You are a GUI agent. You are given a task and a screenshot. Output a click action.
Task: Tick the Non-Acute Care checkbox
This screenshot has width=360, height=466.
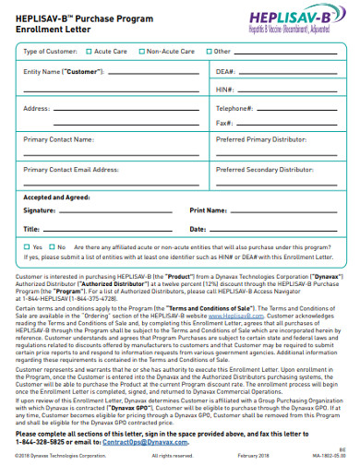click(x=141, y=52)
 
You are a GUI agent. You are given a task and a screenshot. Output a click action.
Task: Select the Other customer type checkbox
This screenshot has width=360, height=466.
click(x=209, y=52)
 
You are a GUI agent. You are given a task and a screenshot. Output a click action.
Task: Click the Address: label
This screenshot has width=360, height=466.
click(x=37, y=108)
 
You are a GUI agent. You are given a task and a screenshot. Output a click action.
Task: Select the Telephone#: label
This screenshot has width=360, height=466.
click(x=235, y=108)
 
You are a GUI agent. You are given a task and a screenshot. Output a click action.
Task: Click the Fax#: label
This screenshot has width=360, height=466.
click(x=224, y=123)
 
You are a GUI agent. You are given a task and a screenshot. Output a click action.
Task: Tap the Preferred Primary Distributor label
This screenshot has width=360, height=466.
click(x=261, y=140)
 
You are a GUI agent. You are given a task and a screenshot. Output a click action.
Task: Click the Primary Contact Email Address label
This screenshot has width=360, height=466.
click(x=71, y=171)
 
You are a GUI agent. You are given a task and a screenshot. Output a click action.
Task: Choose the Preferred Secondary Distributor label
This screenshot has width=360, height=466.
click(x=265, y=171)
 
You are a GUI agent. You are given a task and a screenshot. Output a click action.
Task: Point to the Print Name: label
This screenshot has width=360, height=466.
click(x=209, y=210)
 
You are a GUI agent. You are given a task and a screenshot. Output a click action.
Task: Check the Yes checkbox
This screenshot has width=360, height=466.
click(x=27, y=247)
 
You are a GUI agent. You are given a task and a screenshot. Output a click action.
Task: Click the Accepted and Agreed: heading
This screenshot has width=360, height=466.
click(x=57, y=197)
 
